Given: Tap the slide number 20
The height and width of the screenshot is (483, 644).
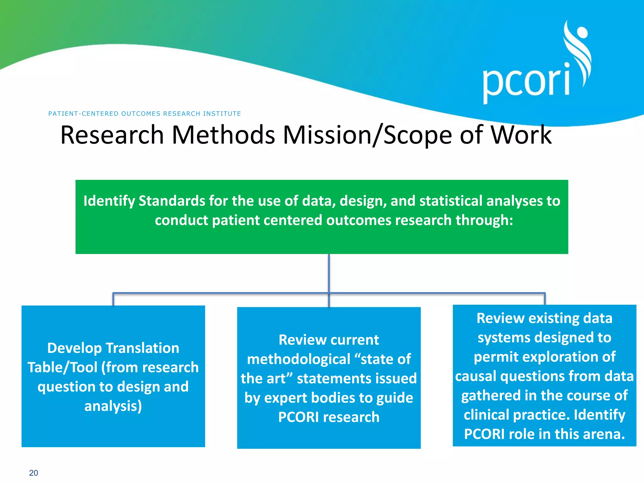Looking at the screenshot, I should pyautogui.click(x=33, y=473).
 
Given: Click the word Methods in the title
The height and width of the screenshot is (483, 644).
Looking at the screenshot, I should pyautogui.click(x=223, y=135).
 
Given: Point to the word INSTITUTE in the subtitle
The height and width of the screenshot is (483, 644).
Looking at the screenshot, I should pyautogui.click(x=222, y=114).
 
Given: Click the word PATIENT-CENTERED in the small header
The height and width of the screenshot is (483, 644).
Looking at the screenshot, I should pyautogui.click(x=83, y=114).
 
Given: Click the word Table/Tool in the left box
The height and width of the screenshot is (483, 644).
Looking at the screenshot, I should pyautogui.click(x=63, y=367).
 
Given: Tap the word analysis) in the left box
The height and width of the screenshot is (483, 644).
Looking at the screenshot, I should pyautogui.click(x=113, y=406).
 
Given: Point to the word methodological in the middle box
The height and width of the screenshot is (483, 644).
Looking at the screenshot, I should pyautogui.click(x=298, y=359).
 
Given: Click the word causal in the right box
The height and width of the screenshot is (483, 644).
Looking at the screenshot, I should pyautogui.click(x=475, y=376).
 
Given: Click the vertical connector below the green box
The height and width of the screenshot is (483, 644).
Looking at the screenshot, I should pyautogui.click(x=329, y=274).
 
